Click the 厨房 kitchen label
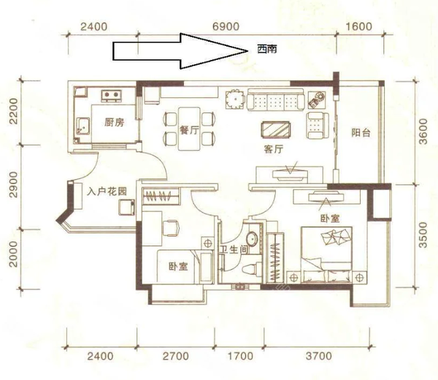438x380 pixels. pyautogui.click(x=114, y=122)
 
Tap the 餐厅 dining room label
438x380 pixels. pyautogui.click(x=189, y=130)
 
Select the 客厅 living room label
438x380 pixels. pyautogui.click(x=274, y=149)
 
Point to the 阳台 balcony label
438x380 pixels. pyautogui.click(x=361, y=132)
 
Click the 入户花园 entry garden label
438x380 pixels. pyautogui.click(x=107, y=191)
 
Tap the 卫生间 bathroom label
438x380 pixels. pyautogui.click(x=234, y=249)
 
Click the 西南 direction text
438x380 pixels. pyautogui.click(x=267, y=50)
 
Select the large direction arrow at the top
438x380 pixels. pyautogui.click(x=180, y=51)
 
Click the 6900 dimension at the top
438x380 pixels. pyautogui.click(x=226, y=26)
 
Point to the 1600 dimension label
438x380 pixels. pyautogui.click(x=359, y=26)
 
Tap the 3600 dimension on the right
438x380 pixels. pyautogui.click(x=423, y=132)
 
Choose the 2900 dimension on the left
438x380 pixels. pyautogui.click(x=13, y=185)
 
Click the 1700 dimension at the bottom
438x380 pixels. pyautogui.click(x=240, y=356)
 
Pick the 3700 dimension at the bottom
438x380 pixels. pyautogui.click(x=319, y=356)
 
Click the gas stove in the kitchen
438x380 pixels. pyautogui.click(x=112, y=96)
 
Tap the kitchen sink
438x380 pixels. pyautogui.click(x=83, y=126)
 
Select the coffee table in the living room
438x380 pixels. pyautogui.click(x=275, y=130)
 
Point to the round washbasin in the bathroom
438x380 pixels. pyautogui.click(x=253, y=238)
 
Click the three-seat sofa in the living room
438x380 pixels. pyautogui.click(x=275, y=100)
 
